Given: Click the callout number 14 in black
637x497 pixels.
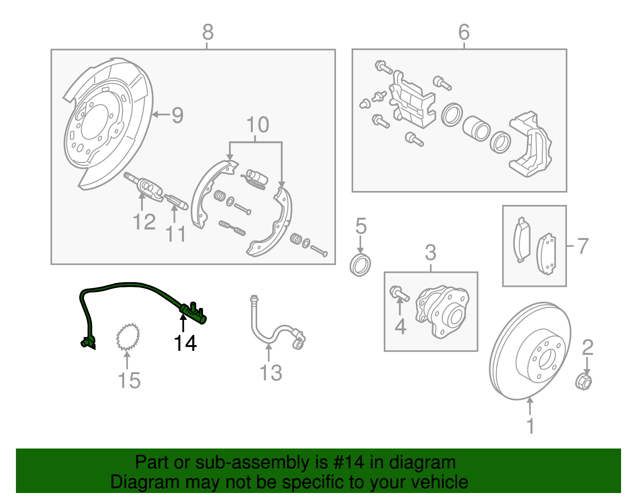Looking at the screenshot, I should point(186,343).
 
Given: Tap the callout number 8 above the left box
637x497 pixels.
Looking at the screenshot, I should point(208,32).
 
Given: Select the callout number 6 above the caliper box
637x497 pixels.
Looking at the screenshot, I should point(464,32).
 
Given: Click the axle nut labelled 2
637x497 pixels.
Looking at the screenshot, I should point(584,382).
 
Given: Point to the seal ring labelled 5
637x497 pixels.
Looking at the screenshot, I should point(360,265).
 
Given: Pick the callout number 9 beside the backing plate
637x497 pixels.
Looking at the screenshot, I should point(177,115).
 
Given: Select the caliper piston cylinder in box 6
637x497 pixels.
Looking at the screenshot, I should point(477,129).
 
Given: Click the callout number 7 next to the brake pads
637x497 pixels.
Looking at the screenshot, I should point(582,246).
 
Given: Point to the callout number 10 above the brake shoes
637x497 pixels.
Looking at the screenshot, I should point(258,125).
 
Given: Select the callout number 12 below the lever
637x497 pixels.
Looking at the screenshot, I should point(144,222).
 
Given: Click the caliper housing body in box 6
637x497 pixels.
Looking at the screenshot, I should point(531,145).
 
